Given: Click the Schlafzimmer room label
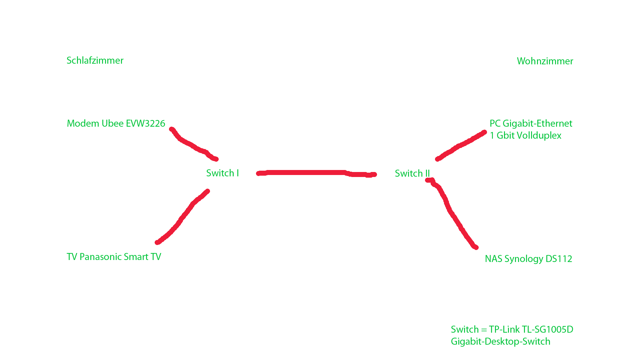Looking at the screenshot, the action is (95, 60).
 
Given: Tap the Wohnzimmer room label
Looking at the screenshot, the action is (545, 61).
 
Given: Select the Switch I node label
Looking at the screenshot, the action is (222, 173).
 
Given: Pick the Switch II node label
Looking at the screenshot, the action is (412, 173).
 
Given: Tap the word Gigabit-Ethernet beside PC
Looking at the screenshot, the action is (537, 123).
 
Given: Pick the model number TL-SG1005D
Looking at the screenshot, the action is (547, 329).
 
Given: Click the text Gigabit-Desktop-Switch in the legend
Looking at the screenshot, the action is (500, 341).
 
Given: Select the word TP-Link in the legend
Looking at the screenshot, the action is (504, 329).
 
